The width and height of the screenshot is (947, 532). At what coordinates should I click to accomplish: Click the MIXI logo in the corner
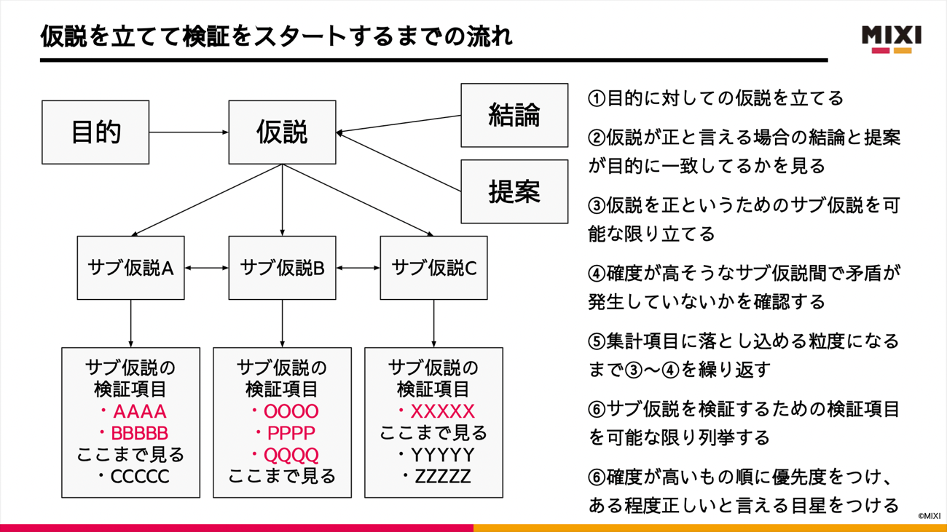click(x=891, y=39)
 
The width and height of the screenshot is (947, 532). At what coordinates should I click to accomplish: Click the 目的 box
click(x=95, y=132)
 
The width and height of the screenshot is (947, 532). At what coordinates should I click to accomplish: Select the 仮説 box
click(x=282, y=132)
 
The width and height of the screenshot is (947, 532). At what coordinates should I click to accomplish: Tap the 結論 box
click(x=514, y=116)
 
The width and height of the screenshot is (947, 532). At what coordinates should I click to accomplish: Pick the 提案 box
click(x=514, y=192)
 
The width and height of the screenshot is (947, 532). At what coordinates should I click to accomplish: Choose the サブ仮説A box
click(x=130, y=268)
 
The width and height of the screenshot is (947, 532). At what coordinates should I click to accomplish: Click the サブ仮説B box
click(x=282, y=268)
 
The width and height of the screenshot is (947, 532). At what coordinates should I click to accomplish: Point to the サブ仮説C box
click(x=433, y=268)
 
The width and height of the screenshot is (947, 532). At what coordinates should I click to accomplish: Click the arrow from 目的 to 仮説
click(x=189, y=132)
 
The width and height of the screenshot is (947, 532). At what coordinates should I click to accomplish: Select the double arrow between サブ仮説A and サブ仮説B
click(x=206, y=268)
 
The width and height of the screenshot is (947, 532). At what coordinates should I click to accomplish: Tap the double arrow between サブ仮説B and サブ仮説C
click(x=358, y=268)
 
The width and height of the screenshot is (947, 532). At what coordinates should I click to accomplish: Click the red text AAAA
click(x=139, y=412)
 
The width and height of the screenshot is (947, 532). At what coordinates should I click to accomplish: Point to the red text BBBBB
click(x=139, y=434)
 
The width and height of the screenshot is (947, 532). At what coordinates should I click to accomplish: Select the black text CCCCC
click(x=139, y=477)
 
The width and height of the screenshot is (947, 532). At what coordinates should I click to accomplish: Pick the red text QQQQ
click(x=291, y=456)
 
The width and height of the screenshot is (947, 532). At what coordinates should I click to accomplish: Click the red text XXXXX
click(x=442, y=412)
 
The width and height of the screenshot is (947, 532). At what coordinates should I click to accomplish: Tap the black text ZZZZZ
click(x=442, y=477)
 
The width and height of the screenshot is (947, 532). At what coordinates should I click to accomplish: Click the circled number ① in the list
click(x=597, y=98)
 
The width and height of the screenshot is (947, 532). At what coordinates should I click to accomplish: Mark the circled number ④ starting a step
click(x=597, y=274)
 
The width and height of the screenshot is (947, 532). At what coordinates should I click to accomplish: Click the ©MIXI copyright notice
click(x=929, y=516)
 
